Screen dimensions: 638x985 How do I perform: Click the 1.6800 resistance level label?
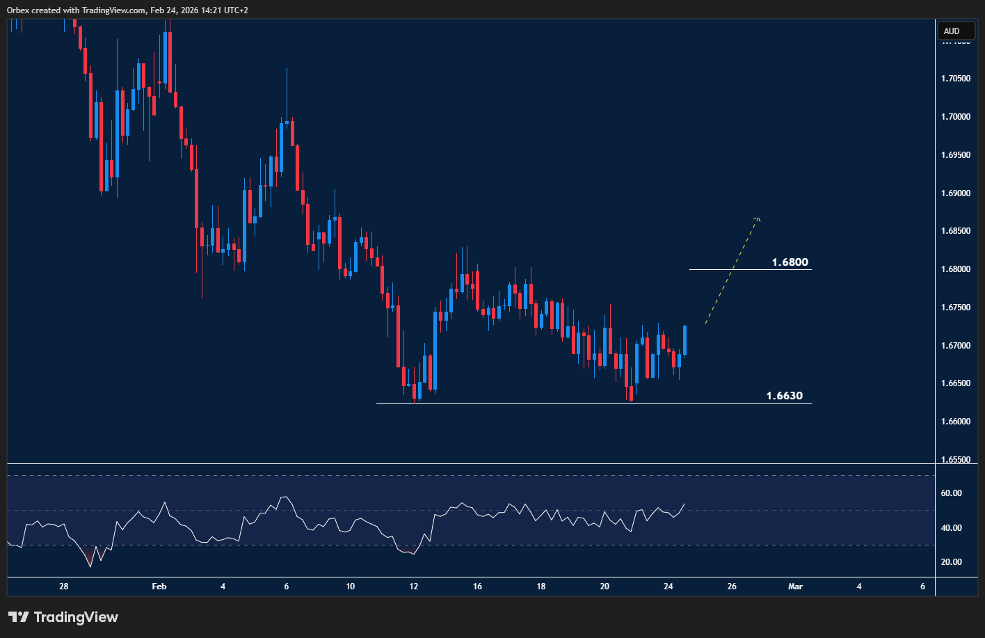(790, 262)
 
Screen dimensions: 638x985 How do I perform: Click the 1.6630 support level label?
(784, 396)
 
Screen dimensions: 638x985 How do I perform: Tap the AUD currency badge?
(952, 31)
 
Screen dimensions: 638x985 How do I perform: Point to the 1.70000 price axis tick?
(955, 116)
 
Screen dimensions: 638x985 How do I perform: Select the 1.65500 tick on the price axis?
(955, 460)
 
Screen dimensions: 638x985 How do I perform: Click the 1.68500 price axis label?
(955, 231)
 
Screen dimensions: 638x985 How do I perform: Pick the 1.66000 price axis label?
(955, 422)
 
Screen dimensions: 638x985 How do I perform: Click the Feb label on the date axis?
(159, 587)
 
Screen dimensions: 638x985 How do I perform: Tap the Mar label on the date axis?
(795, 587)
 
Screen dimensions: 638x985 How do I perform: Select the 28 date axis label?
(63, 587)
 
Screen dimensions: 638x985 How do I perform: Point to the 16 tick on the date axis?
(477, 587)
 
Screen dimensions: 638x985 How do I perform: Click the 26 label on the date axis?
(732, 587)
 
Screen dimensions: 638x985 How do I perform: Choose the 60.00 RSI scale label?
(952, 493)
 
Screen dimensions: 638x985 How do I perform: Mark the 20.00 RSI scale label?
(952, 562)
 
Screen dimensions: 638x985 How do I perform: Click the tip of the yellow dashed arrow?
(758, 218)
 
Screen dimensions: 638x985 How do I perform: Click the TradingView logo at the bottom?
(63, 617)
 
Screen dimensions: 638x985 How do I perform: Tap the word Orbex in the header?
(19, 10)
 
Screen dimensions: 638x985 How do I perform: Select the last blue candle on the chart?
(685, 340)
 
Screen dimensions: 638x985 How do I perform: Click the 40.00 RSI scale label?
(952, 528)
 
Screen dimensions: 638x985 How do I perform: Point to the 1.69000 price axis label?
(955, 193)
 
